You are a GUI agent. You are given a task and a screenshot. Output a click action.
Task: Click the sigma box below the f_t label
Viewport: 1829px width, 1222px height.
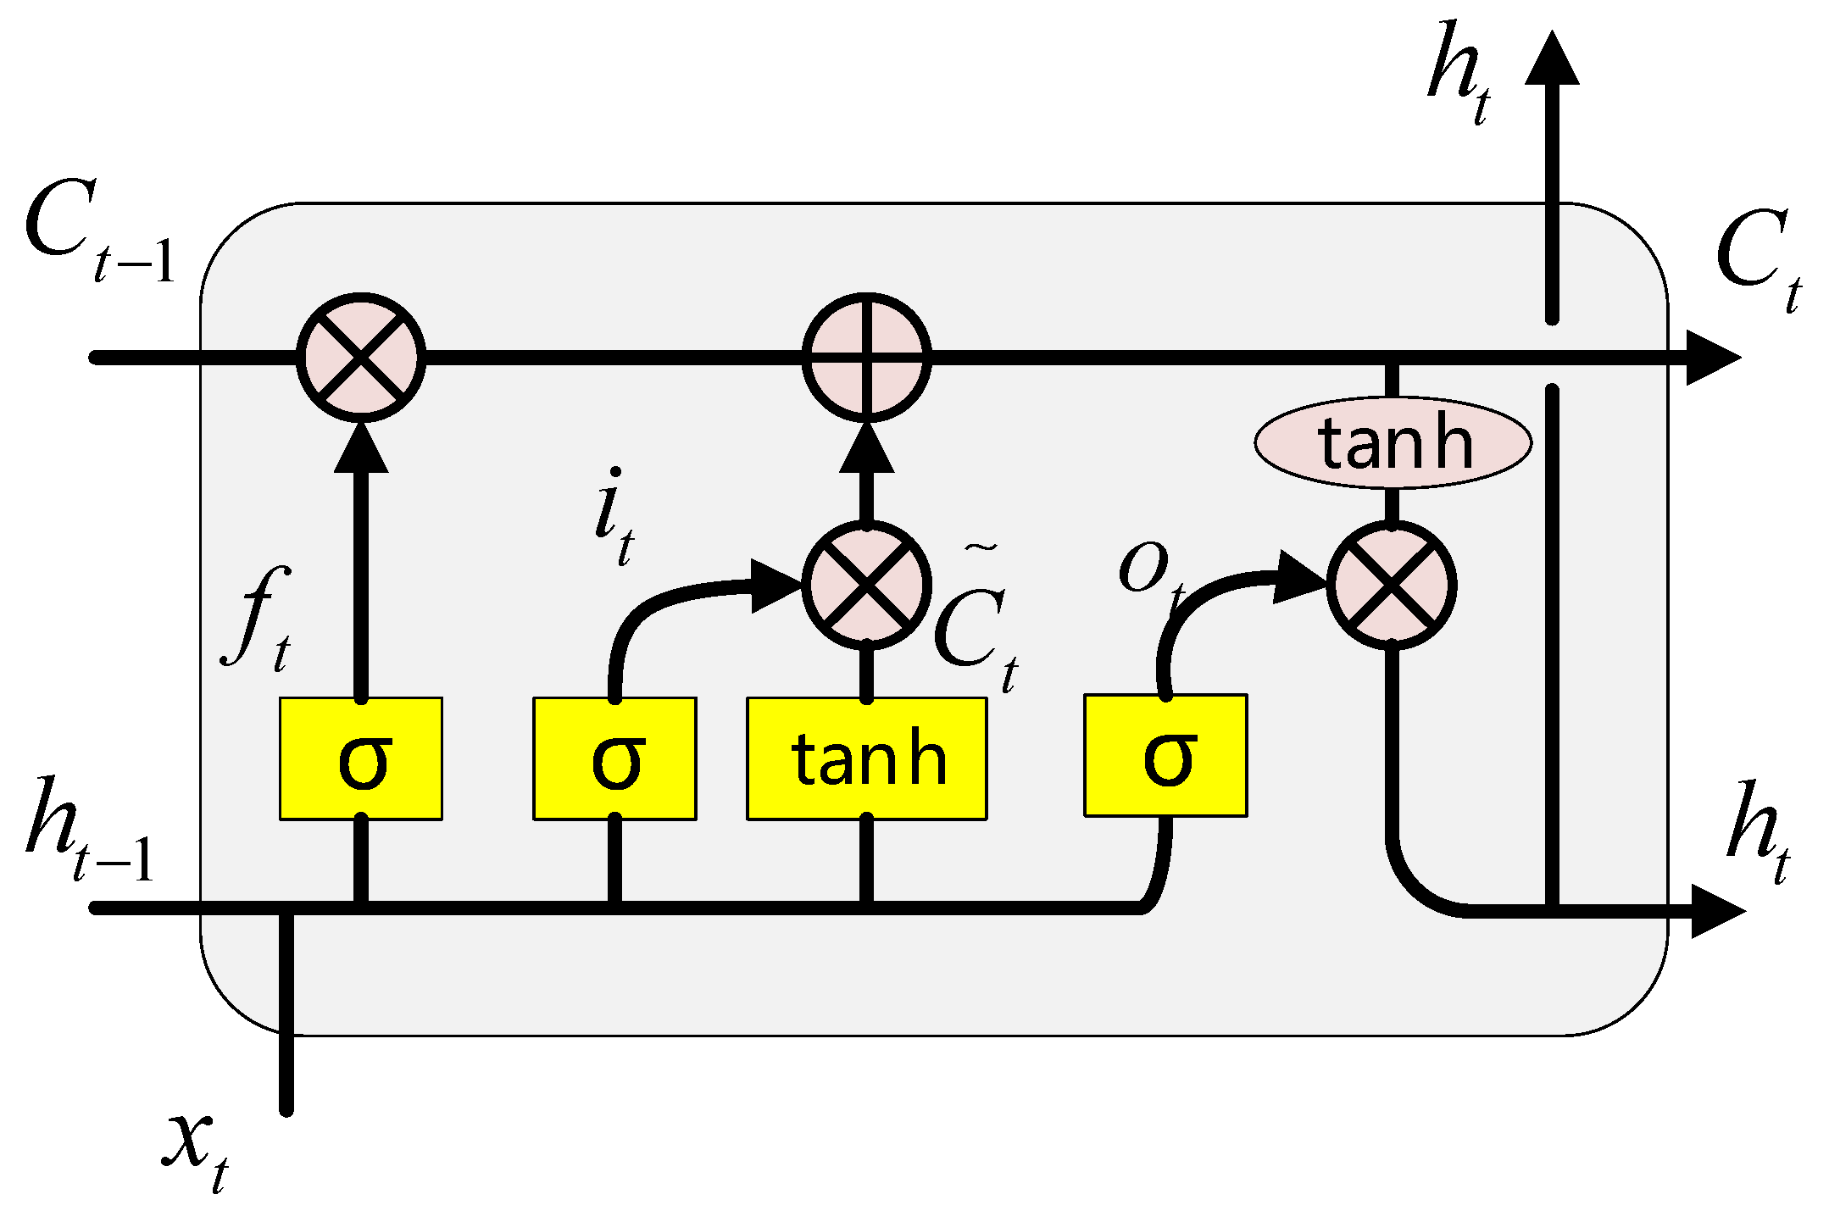[x=361, y=758]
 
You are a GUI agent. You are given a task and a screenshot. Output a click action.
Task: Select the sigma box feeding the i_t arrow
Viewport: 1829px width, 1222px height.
[x=614, y=758]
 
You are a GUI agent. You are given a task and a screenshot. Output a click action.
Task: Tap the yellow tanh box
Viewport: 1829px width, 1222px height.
[x=866, y=758]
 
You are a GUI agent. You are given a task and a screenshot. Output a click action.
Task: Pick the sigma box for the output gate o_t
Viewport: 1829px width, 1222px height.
[x=1165, y=755]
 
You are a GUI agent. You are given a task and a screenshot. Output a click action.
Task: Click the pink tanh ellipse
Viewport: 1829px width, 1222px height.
[x=1393, y=443]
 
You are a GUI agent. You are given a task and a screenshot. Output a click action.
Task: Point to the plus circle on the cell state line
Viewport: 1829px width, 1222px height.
[x=866, y=357]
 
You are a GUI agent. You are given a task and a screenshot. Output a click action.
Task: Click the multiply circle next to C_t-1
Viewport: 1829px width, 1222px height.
[x=361, y=357]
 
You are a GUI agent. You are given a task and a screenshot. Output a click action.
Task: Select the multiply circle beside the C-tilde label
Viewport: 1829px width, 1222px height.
[x=866, y=585]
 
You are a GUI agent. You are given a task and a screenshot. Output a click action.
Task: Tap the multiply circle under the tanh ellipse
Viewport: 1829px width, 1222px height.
[x=1391, y=585]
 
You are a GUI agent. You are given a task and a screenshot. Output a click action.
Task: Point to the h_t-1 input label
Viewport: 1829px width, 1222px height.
[x=89, y=830]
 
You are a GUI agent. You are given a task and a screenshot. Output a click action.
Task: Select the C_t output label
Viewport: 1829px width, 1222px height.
[x=1759, y=258]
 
